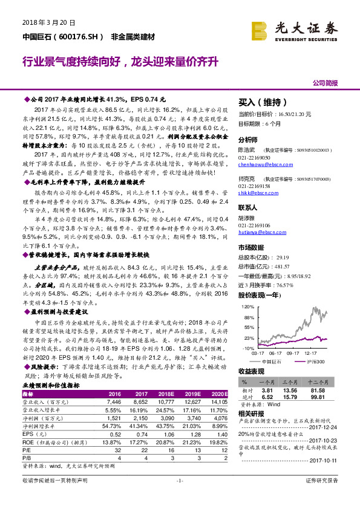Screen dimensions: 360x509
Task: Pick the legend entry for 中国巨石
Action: click(x=273, y=361)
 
